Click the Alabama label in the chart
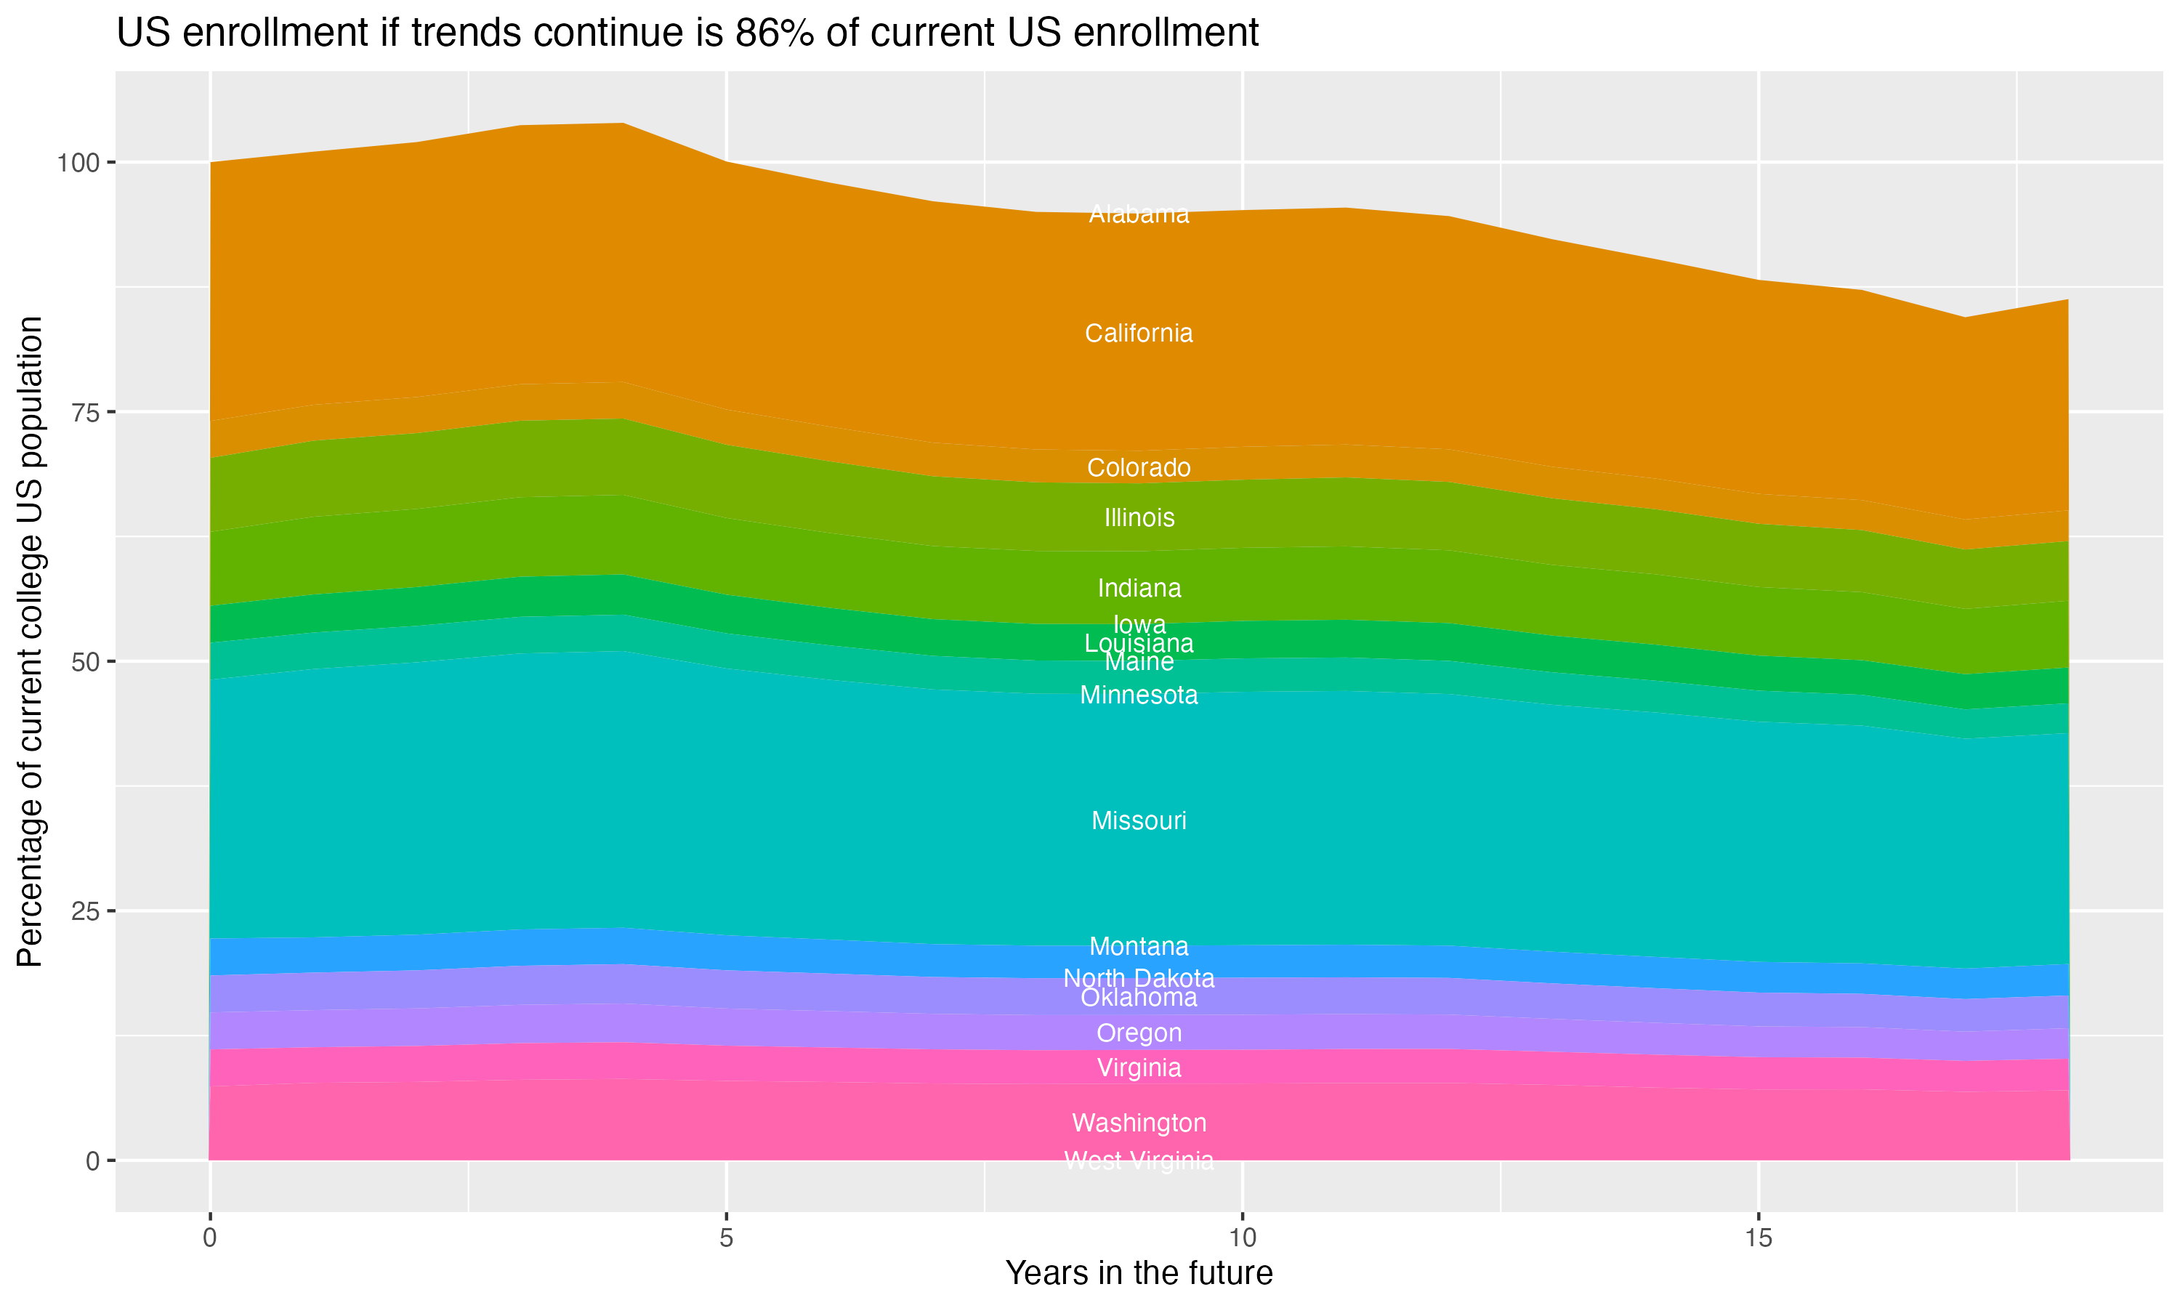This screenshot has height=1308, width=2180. coord(1139,214)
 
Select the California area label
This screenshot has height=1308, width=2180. coord(1139,333)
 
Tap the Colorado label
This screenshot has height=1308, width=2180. coord(1139,467)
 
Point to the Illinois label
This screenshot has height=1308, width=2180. coord(1139,517)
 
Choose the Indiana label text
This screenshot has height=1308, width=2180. coord(1139,588)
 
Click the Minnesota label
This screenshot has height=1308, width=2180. coord(1139,695)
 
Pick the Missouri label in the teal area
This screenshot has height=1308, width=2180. coord(1139,820)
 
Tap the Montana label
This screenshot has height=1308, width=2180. coord(1139,947)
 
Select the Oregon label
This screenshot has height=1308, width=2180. coord(1139,1033)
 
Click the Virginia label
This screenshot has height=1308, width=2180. coord(1139,1068)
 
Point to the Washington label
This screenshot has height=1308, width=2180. coord(1139,1123)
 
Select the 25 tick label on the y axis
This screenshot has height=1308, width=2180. coord(86,911)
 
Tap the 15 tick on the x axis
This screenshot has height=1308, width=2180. coord(1758,1238)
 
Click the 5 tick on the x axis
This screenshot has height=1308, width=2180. coord(726,1238)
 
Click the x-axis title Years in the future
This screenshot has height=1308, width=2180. coord(1139,1272)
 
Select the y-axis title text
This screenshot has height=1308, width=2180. coord(30,642)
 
